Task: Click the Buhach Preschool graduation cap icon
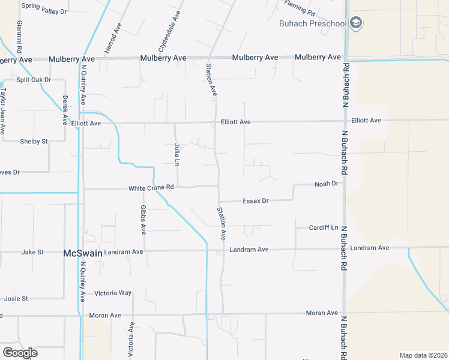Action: pos(356,23)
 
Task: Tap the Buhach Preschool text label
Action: pos(313,23)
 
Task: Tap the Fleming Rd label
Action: pos(300,8)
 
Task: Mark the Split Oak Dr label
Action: pos(34,79)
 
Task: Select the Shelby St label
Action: pos(34,141)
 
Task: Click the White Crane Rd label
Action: pos(151,188)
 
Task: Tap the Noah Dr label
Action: pos(327,184)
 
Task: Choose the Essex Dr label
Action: pos(256,200)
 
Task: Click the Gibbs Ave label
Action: pos(143,219)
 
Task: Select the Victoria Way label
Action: pos(113,293)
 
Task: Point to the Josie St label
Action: pos(16,298)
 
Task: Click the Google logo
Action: pos(20,352)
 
